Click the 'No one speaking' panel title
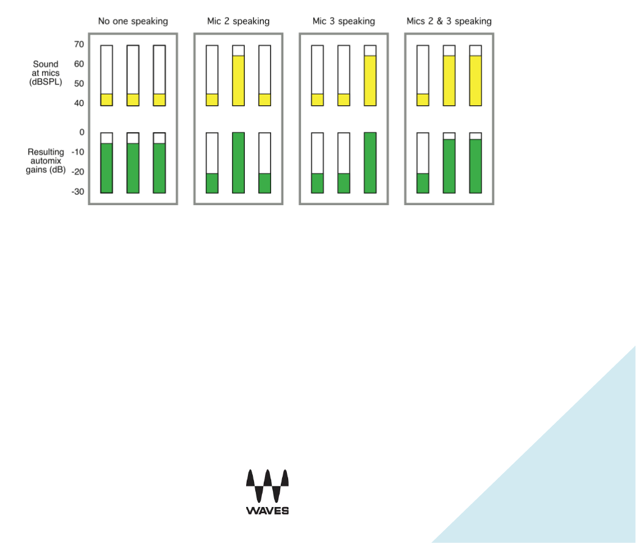[133, 21]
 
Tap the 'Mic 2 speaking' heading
[238, 21]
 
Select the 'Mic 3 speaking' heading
[344, 21]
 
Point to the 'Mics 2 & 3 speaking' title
[449, 21]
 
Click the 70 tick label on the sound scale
[79, 44]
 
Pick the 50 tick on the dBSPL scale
[79, 83]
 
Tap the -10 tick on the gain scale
[77, 152]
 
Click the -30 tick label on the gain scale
[77, 192]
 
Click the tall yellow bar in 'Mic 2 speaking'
[238, 80]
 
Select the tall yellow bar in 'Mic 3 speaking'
[370, 80]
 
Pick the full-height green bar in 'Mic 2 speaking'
[238, 163]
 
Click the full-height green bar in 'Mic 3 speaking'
[370, 163]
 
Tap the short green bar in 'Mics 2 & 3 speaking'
[423, 183]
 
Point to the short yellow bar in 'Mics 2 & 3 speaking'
[423, 100]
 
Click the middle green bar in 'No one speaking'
[133, 168]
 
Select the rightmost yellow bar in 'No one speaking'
[159, 100]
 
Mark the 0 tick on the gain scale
[82, 132]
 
